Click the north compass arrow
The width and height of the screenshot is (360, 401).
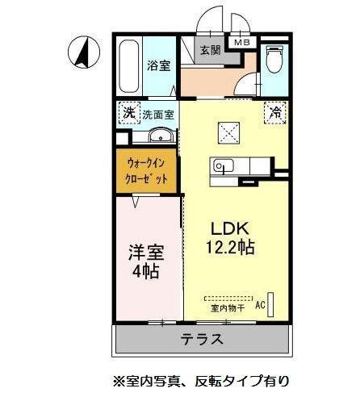click(x=83, y=52)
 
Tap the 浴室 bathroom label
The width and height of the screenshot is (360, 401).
click(x=157, y=66)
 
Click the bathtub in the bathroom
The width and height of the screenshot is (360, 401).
click(x=128, y=65)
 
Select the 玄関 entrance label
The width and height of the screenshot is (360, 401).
click(x=209, y=49)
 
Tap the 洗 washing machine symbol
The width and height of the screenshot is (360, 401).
click(x=128, y=113)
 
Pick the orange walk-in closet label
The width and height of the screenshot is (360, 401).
click(x=146, y=170)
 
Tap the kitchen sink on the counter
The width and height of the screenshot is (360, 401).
click(x=222, y=167)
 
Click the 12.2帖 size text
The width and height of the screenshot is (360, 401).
click(x=229, y=248)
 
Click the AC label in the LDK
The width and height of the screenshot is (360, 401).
click(x=260, y=305)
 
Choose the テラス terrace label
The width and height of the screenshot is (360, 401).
click(x=201, y=339)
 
